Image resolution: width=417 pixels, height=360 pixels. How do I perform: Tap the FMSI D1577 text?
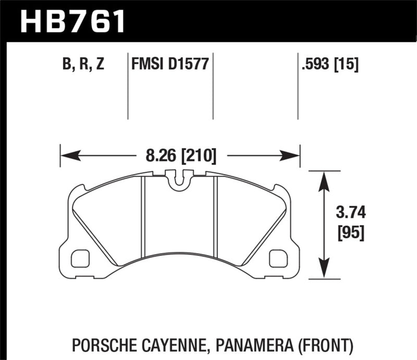click(169, 65)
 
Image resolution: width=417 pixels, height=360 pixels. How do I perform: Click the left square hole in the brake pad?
click(80, 257)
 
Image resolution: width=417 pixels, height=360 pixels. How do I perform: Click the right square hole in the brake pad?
click(279, 257)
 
